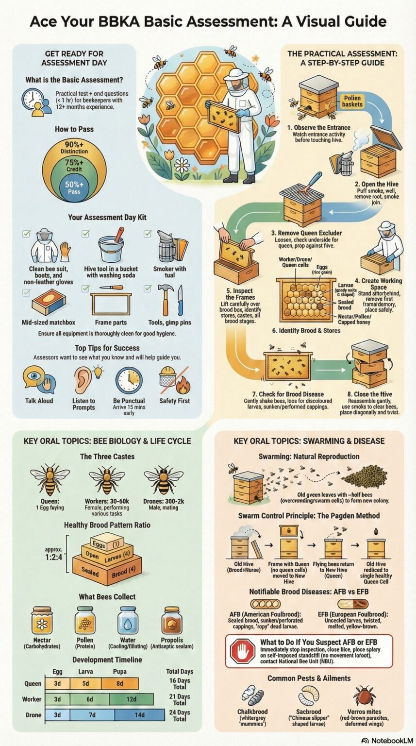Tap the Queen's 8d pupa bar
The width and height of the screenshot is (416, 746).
119,683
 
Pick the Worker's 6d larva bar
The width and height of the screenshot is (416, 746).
90,699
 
